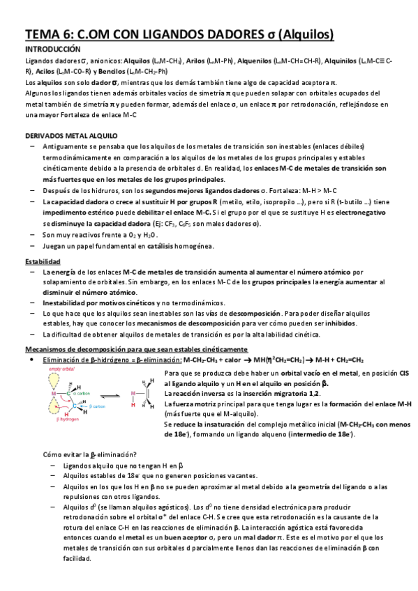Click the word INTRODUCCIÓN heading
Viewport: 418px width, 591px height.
click(53, 50)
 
